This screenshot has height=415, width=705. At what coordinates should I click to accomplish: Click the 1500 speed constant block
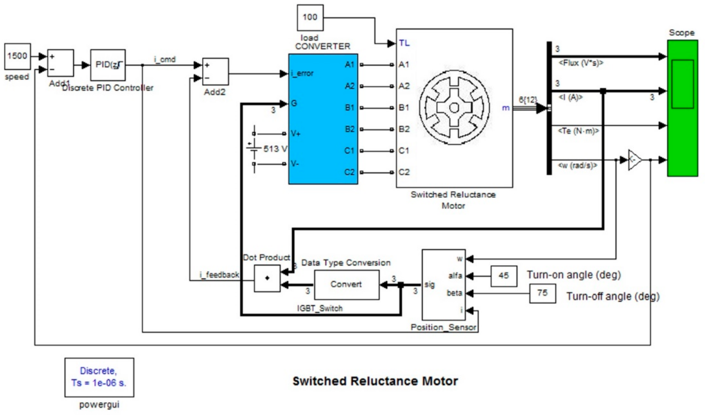click(17, 56)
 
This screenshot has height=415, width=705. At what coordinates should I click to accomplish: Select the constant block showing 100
click(310, 17)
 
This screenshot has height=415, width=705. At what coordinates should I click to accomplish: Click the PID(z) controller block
click(108, 65)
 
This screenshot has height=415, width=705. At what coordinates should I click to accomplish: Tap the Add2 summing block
click(215, 72)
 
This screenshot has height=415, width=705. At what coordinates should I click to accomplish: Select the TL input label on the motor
click(404, 43)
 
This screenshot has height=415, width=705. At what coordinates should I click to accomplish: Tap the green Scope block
click(682, 108)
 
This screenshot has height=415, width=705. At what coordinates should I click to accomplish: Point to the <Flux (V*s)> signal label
click(581, 63)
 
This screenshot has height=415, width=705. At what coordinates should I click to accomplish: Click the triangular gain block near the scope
click(634, 160)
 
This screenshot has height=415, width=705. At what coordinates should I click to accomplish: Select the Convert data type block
click(347, 285)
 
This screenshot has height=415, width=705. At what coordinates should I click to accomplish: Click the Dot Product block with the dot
click(267, 278)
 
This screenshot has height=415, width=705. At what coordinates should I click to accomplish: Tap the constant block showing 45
click(503, 276)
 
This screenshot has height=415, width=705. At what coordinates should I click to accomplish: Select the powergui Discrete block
click(99, 377)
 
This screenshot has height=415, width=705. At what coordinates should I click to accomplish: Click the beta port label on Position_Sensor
click(454, 293)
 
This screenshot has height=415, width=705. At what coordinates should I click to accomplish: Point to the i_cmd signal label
click(165, 59)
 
